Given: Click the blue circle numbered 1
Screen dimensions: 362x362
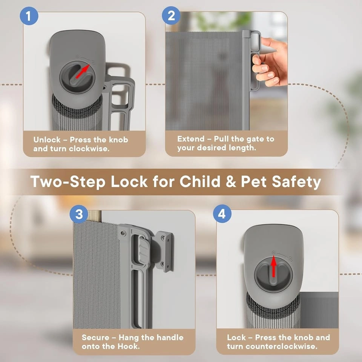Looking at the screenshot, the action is point(29,16).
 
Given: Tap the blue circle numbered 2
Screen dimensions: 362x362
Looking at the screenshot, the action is point(171,15).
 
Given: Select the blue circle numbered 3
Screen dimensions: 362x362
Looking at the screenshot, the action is point(79,214).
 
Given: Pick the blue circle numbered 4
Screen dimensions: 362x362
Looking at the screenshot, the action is point(222,213).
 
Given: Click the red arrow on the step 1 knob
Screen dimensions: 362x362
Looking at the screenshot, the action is point(83,71).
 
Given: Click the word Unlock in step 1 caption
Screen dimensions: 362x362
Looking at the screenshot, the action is point(47,140).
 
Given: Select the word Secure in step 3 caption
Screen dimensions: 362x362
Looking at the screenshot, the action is point(95,337).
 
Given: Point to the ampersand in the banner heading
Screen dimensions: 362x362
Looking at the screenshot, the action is point(231,181).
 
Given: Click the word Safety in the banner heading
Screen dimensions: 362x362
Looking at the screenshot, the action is point(296,182).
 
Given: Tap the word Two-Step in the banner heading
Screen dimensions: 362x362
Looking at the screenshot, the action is point(68,182).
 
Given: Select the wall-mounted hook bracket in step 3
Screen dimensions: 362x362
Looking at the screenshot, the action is point(164,251).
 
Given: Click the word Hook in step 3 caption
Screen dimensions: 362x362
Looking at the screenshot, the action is point(129,346).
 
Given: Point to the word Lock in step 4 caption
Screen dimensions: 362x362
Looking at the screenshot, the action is point(236,337).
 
